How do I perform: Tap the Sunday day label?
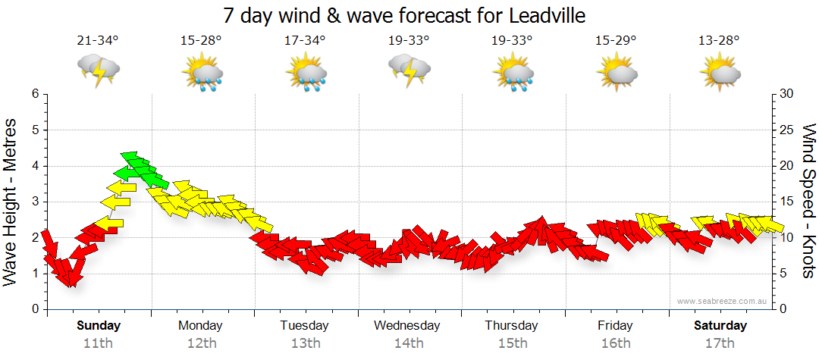point(98,326)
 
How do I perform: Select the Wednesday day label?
point(407,326)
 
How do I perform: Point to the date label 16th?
point(615,343)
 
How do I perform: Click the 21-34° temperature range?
point(98,41)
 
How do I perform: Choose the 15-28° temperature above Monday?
point(202,41)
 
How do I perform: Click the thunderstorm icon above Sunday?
point(99,70)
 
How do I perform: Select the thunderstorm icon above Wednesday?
point(409,70)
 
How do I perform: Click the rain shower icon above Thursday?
point(513,74)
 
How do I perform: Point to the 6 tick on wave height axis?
point(35,94)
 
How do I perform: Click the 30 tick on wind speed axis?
point(786,94)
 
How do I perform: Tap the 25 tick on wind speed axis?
point(786,130)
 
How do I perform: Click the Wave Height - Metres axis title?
point(11,202)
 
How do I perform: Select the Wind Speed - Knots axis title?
point(808,202)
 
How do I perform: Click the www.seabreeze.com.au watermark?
point(723,301)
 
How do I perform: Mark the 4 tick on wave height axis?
point(35,166)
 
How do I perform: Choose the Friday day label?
point(615,326)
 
